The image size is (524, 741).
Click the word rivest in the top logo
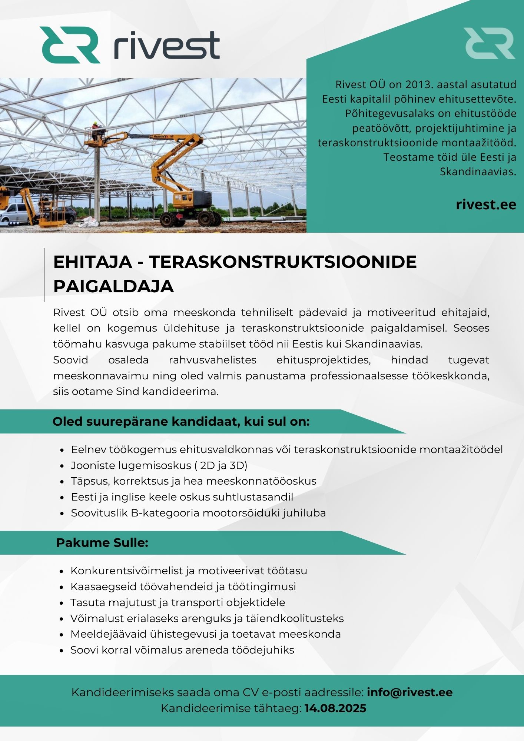click(166, 46)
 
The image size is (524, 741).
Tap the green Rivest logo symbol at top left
click(70, 45)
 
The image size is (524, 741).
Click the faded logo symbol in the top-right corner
click(489, 43)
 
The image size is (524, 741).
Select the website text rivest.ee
click(486, 205)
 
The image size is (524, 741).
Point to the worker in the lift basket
click(96, 128)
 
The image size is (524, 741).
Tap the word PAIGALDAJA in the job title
click(113, 286)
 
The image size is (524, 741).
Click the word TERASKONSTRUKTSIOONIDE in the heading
click(283, 262)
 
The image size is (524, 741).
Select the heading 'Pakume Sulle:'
click(102, 543)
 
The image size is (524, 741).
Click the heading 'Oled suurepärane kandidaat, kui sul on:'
click(181, 422)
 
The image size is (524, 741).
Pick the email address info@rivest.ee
click(409, 692)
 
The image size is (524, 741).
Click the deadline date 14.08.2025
click(335, 708)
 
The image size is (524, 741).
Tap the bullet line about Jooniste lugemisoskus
click(159, 465)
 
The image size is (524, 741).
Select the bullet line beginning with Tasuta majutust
click(178, 602)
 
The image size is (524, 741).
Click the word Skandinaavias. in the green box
click(478, 172)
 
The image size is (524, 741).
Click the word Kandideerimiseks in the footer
click(122, 692)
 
